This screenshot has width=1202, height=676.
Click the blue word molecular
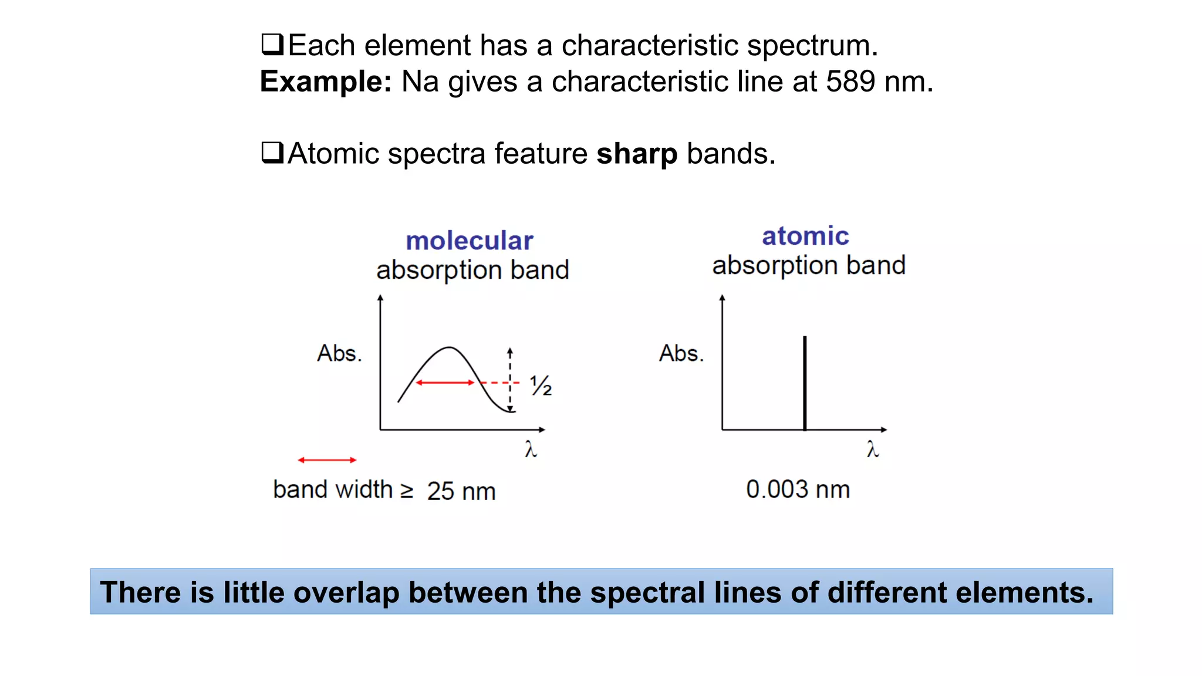click(x=470, y=241)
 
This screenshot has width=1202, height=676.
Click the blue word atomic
click(x=805, y=236)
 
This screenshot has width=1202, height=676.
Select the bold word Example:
click(x=326, y=81)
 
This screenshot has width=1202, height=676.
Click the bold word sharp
click(x=637, y=154)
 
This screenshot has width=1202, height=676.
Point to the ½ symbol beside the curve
click(x=541, y=386)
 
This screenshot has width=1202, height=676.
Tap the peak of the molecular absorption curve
click(x=449, y=348)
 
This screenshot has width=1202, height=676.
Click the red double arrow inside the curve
click(x=445, y=383)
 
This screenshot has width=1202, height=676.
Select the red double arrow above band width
click(x=327, y=460)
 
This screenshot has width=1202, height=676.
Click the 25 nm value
click(x=461, y=491)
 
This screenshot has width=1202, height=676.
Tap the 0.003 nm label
click(x=798, y=489)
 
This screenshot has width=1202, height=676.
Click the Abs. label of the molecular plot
click(x=339, y=353)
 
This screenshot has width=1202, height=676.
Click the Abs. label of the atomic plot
click(x=681, y=353)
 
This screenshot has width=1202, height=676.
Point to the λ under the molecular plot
click(x=531, y=449)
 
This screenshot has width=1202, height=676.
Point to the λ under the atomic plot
click(x=873, y=449)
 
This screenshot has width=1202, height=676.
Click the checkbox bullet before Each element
click(x=272, y=45)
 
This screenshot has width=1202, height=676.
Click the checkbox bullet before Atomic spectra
click(x=272, y=153)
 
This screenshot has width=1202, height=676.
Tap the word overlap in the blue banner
click(x=346, y=592)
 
